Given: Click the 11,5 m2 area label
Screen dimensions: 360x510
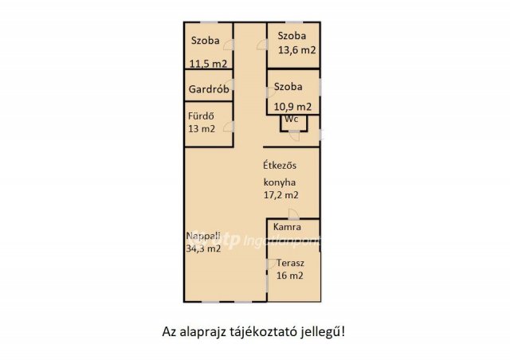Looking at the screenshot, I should click(208, 64).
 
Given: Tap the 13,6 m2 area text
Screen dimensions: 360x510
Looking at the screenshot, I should click(296, 50).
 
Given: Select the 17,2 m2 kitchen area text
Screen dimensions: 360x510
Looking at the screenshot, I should click(282, 194).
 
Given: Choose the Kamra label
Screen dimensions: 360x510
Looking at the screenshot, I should click(287, 228).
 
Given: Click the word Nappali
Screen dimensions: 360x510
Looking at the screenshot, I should click(204, 236).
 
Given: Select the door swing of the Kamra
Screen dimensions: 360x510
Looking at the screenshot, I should click(294, 213).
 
